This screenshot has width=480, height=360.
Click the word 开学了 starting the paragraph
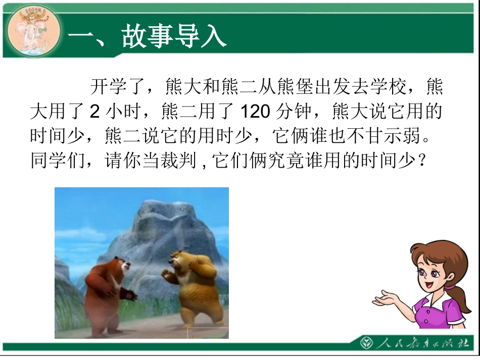pos(118,87)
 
